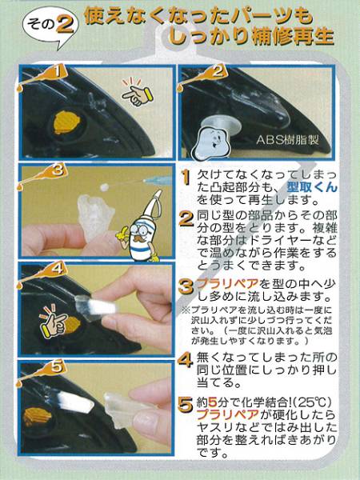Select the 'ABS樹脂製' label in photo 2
tap(287, 140)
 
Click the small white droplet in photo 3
tap(105, 186)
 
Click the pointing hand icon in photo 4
tap(54, 322)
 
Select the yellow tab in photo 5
tap(38, 417)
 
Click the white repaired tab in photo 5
tap(75, 402)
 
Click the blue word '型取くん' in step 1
tap(312, 187)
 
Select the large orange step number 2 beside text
tap(186, 219)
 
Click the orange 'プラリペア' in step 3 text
tap(227, 284)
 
